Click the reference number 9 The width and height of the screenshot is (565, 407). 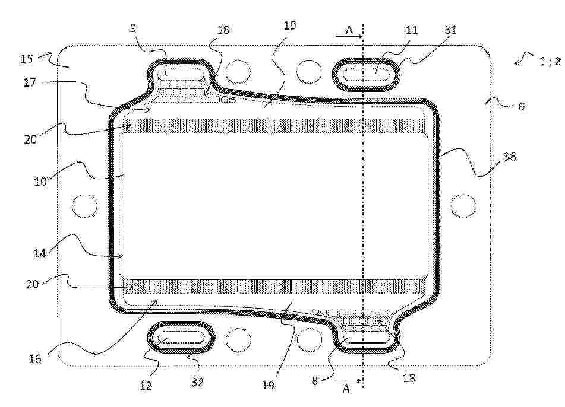[133, 28]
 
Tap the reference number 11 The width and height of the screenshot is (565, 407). [412, 30]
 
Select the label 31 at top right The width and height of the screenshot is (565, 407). [450, 30]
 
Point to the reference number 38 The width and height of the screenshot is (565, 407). [509, 157]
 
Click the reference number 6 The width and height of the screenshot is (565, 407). [521, 106]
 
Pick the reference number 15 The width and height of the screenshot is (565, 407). [26, 58]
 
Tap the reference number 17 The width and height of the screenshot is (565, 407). [30, 82]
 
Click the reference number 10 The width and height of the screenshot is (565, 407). [40, 181]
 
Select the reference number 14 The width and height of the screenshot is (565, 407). [39, 253]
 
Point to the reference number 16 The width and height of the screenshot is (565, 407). [35, 358]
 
